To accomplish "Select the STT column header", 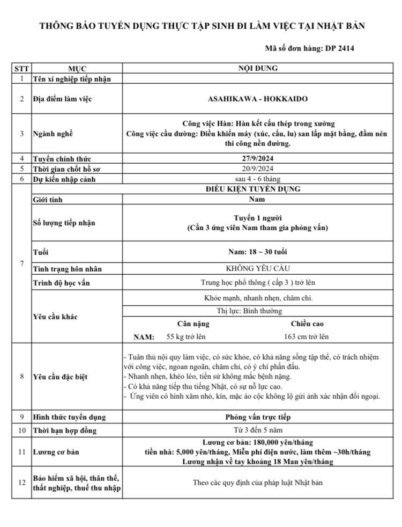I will (x=22, y=69).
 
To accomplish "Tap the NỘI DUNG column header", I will (x=257, y=69).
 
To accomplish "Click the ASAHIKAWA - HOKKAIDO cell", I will (x=257, y=99).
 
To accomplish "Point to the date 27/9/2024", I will (x=257, y=159).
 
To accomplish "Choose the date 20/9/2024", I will (x=257, y=169).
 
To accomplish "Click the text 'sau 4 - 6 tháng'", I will (x=257, y=179).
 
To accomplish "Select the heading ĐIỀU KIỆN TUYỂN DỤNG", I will (x=257, y=189).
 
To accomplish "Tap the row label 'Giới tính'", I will (x=48, y=200).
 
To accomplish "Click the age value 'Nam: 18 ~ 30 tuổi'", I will (x=257, y=252).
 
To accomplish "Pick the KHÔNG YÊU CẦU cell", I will (x=257, y=268).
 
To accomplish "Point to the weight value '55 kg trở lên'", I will (x=186, y=336).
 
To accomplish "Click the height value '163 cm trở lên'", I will (x=307, y=336).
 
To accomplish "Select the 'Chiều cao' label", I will (x=307, y=324).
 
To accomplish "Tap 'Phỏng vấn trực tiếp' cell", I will (x=257, y=417).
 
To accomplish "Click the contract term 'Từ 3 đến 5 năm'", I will (x=257, y=430).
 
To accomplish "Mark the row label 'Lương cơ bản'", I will (x=56, y=452).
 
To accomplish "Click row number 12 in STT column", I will (x=22, y=482).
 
